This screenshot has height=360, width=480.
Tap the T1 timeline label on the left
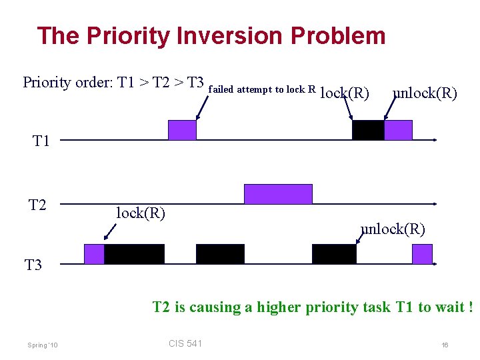[x=41, y=141]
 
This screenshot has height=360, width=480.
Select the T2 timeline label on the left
[x=38, y=205]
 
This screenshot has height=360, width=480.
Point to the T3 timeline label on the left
[x=33, y=265]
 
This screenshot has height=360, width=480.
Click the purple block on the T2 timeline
[x=278, y=194]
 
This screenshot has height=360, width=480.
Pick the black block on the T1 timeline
[x=368, y=130]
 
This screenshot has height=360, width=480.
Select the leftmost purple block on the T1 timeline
[x=182, y=130]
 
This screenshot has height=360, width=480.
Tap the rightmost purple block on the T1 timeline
[x=398, y=130]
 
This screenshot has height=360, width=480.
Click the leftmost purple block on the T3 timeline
[x=94, y=254]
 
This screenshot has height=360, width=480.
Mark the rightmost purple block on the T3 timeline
[x=422, y=254]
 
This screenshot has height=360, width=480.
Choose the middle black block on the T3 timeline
[x=220, y=254]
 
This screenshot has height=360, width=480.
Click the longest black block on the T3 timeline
[x=134, y=254]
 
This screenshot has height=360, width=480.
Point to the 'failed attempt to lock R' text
[x=262, y=89]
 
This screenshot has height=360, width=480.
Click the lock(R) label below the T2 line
[x=141, y=213]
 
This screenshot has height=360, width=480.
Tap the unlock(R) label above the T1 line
[x=425, y=93]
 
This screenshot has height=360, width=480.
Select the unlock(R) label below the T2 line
[x=393, y=229]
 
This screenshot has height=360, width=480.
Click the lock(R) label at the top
[x=345, y=93]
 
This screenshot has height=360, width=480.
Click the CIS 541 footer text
[x=185, y=325]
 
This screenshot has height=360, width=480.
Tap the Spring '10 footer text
[x=43, y=326]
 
